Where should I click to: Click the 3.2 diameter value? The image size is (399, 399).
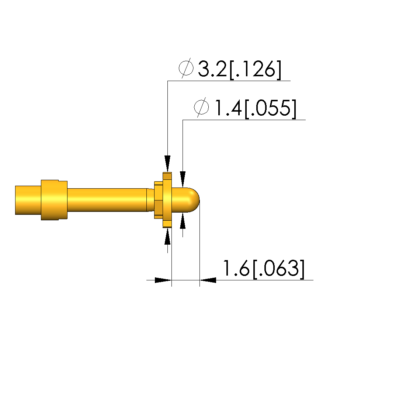coord(212,69)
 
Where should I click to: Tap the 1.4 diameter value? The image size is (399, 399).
coord(228,108)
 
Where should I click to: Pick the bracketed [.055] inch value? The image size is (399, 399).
coord(271,109)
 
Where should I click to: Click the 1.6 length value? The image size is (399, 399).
coord(236,268)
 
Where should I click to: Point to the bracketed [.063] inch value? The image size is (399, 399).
coord(278,269)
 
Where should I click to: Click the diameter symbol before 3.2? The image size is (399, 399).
coord(186,68)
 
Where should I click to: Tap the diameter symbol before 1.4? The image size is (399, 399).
coord(201,107)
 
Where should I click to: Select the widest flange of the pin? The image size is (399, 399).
coord(167,200)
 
